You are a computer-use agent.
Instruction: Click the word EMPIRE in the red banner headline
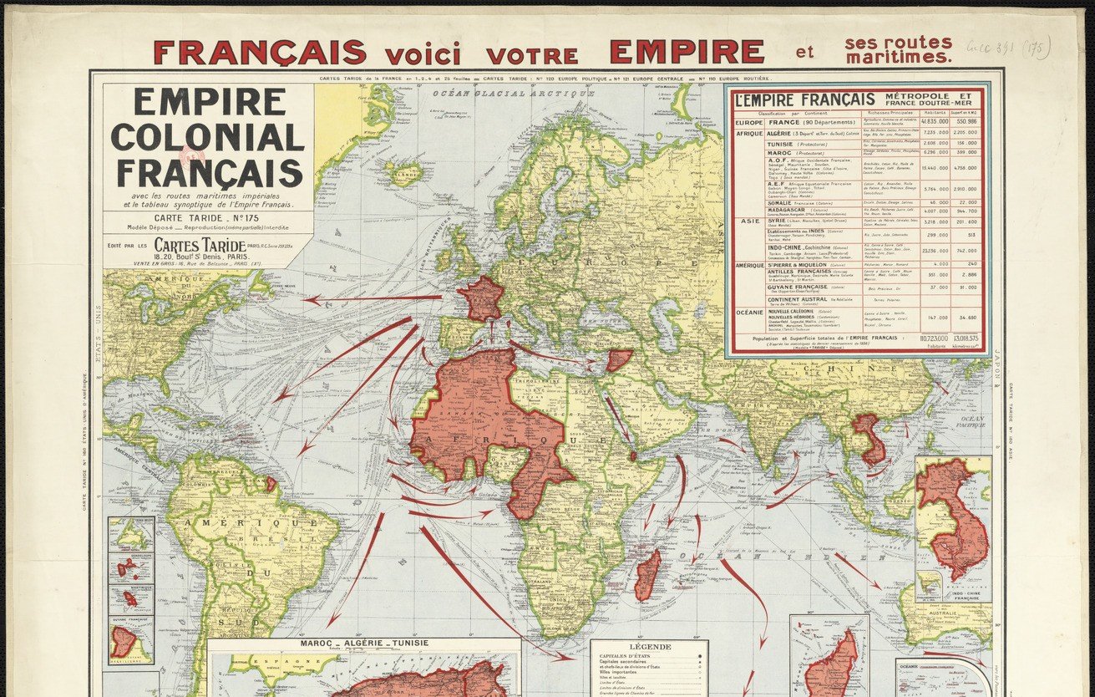tap(686, 52)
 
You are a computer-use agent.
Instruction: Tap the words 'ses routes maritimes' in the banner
tap(898, 50)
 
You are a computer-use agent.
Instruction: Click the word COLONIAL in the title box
tap(207, 137)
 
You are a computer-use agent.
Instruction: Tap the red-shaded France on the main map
tap(483, 299)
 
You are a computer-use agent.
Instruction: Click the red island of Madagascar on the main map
tap(647, 574)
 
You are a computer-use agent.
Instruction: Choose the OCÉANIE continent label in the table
tap(748, 313)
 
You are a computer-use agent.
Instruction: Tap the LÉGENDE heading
tap(649, 647)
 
